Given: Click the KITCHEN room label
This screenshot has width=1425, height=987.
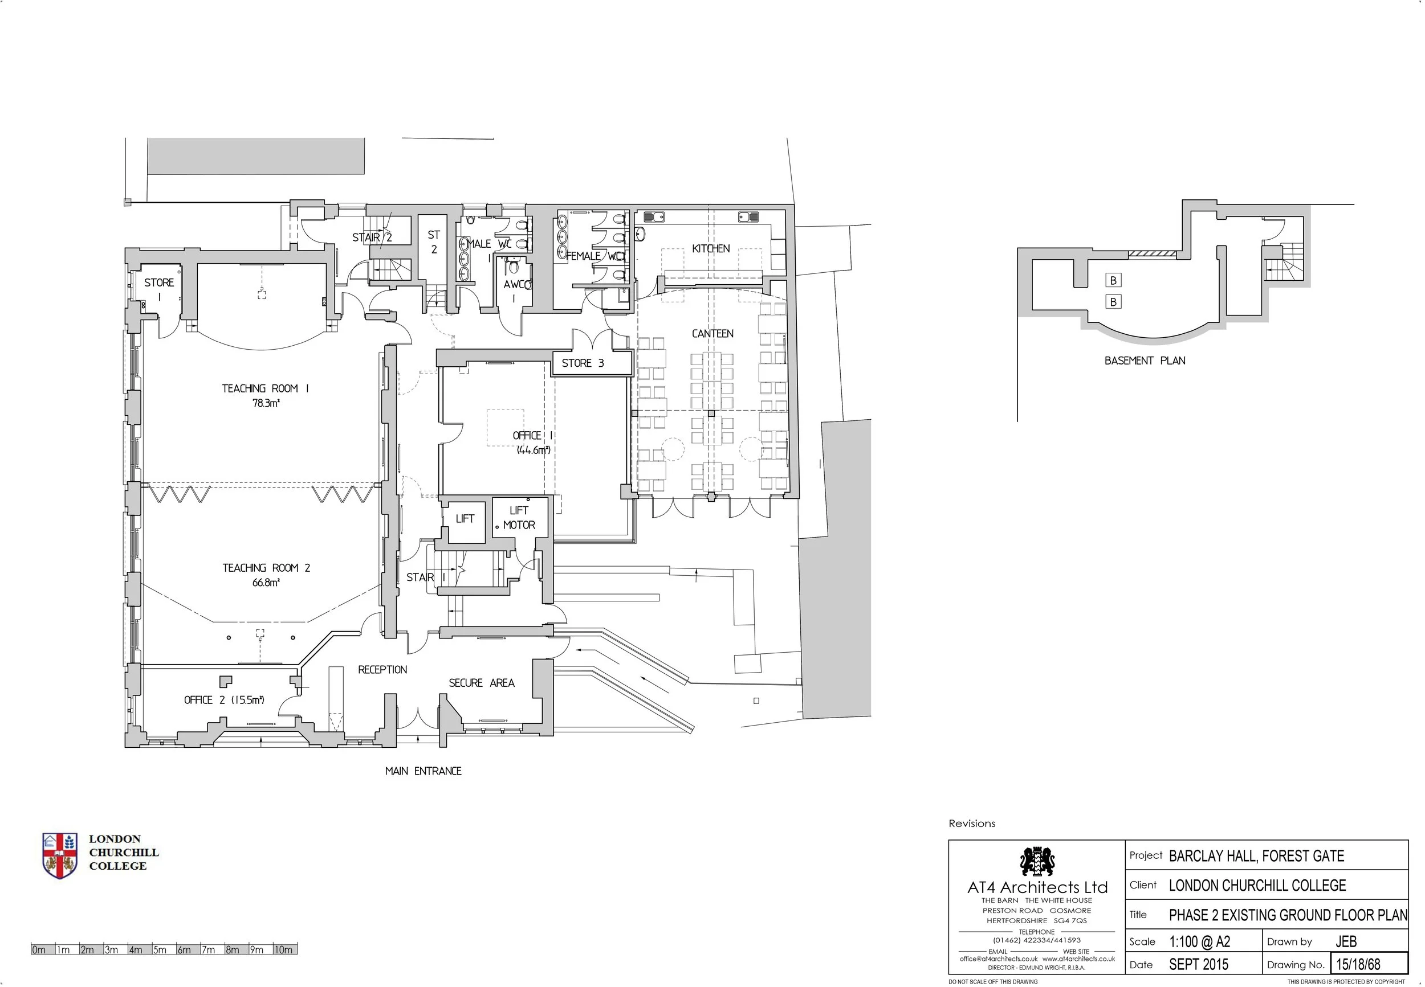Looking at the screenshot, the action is pos(710,249).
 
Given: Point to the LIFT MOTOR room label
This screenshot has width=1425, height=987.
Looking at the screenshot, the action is pos(519,518).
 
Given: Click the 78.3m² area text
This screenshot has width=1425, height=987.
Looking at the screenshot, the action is pos(266,403).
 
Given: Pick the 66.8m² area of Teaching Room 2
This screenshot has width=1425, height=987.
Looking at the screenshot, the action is pos(266,582).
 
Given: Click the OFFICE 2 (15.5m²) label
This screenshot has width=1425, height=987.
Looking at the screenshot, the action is pos(224,700).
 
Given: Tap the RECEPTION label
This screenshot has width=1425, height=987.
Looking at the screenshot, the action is pos(382,670).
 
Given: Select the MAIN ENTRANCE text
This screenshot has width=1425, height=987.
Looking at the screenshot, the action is pos(424,771).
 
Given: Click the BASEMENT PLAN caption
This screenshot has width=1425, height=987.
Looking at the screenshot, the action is pos(1145,361).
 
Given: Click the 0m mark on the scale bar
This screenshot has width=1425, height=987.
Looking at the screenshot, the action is pos(39,949).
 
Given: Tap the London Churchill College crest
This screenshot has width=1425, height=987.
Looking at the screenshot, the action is pos(60,855).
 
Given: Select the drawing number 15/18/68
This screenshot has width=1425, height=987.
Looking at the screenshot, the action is pos(1358,964).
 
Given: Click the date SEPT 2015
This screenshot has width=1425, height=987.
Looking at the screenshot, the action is pos(1199,964).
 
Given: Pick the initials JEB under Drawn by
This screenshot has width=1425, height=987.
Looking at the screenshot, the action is pos(1346,942).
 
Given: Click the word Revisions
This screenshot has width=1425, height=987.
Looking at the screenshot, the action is pos(972,824).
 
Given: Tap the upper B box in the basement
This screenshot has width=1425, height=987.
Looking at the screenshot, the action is pos(1113,281).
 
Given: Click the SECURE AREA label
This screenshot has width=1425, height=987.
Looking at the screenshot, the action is pos(482,683).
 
